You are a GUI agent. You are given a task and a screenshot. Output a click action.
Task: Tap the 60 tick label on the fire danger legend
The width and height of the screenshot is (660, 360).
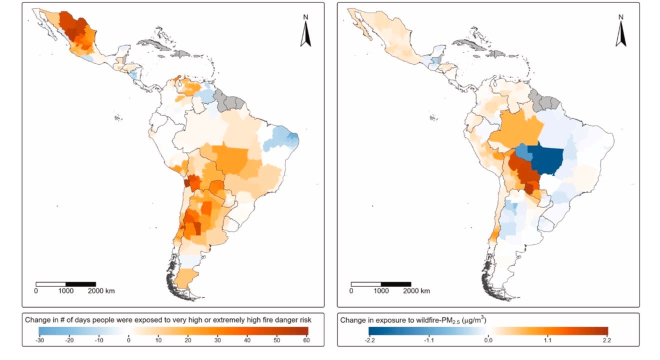pos(306,340)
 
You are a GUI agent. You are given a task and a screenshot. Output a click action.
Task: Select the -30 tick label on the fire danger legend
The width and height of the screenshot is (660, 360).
pos(40,340)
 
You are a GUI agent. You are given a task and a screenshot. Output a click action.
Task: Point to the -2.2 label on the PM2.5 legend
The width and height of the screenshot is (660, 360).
pos(369,340)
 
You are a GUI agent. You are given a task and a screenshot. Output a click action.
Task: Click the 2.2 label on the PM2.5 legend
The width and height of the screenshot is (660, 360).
pos(607,340)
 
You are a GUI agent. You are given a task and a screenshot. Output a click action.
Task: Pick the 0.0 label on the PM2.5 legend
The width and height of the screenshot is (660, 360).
pos(488,340)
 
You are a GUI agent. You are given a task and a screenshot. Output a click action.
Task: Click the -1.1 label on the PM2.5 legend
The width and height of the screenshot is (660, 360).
pos(428,340)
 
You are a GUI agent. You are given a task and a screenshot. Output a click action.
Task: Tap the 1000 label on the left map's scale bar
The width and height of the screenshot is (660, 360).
pos(65,291)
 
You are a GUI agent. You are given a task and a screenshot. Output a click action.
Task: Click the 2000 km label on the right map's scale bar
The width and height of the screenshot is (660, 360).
pos(416,291)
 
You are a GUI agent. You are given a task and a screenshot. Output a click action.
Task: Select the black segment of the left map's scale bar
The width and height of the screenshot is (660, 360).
pos(80,284)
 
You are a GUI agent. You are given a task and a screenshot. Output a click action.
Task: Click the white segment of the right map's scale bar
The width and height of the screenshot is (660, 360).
pos(366,284)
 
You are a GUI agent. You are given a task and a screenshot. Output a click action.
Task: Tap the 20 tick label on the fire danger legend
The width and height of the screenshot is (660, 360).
pos(187,340)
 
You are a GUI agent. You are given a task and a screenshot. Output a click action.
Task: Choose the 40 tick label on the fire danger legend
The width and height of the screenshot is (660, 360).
pos(247,340)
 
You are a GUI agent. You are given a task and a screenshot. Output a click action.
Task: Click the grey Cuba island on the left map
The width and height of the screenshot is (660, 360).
pos(154,44)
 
